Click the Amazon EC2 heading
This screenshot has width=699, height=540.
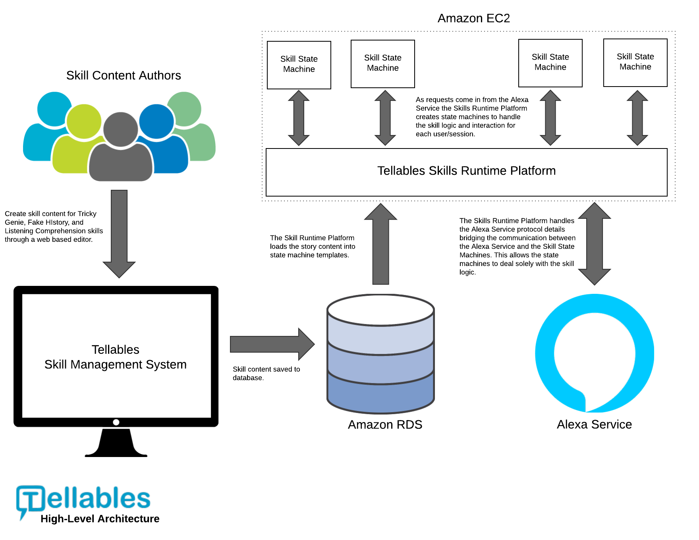coord(473,18)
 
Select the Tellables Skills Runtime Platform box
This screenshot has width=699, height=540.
coord(466,172)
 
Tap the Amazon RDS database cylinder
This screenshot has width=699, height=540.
coord(380,353)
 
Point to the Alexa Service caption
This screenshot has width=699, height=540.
coord(594,424)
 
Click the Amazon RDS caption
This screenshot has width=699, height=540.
coord(385,424)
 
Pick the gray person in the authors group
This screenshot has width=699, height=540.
coord(121,151)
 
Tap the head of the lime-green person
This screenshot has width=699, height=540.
coord(84,121)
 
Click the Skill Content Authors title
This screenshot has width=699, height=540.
coord(124,75)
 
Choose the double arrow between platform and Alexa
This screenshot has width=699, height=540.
coord(594,244)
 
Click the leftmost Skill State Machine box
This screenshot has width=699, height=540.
coord(299,65)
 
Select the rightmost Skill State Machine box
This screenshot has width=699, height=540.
coord(635,62)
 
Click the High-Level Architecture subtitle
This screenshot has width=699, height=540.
coord(100,519)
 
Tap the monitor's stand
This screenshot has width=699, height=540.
coord(116,443)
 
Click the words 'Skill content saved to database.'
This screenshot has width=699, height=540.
coord(266,373)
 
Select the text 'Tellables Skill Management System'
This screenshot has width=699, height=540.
coord(116,357)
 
